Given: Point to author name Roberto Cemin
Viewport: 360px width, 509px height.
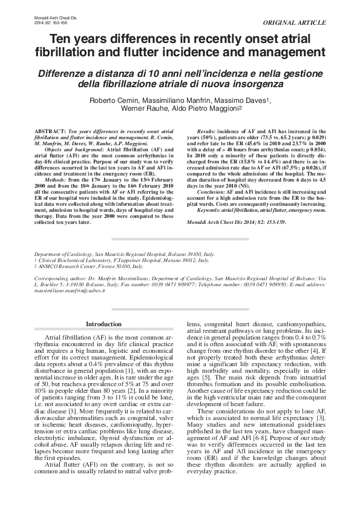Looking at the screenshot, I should click(x=114, y=100).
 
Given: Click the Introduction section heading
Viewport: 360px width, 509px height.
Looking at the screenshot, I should click(x=103, y=324).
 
